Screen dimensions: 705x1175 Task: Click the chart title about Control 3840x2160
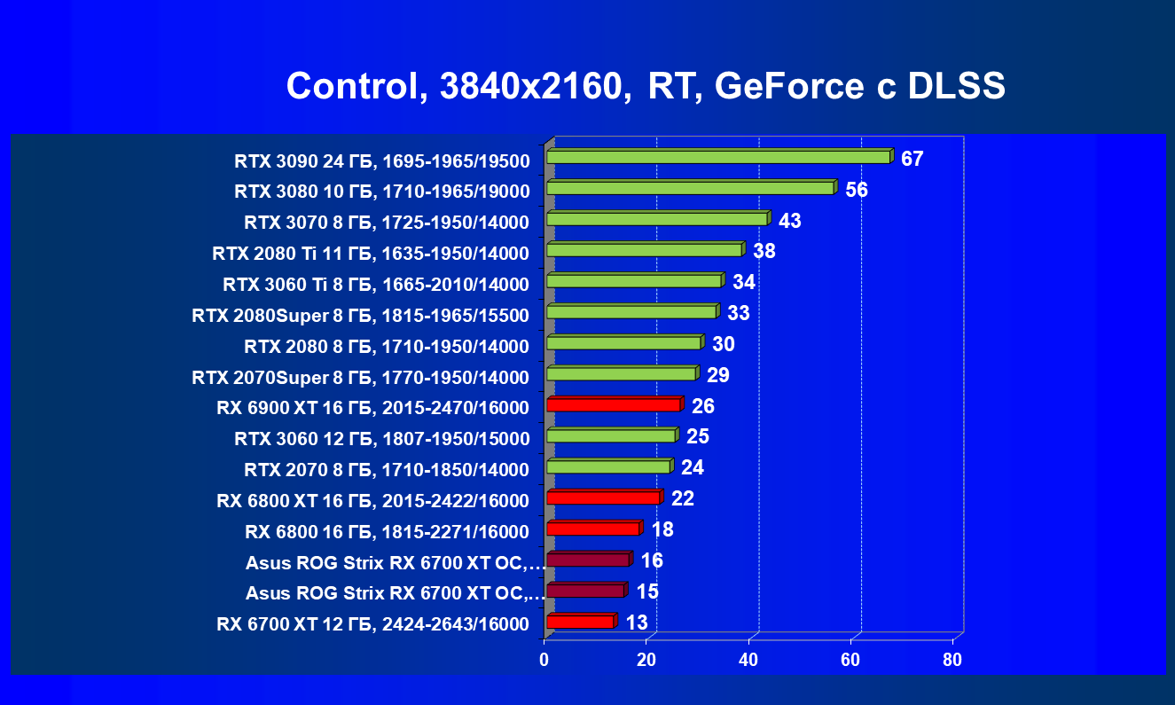click(646, 87)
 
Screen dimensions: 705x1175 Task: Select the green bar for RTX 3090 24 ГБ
click(718, 157)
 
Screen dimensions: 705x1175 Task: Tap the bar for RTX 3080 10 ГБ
click(690, 188)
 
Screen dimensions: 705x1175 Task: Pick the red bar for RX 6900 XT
click(614, 405)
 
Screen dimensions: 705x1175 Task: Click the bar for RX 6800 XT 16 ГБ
click(604, 497)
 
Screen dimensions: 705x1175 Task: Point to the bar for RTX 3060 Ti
click(634, 281)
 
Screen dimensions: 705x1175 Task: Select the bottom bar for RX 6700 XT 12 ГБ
click(581, 622)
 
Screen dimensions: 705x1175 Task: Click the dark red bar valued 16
click(588, 560)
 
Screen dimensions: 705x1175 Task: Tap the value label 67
click(912, 160)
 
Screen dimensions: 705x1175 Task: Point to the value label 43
click(789, 221)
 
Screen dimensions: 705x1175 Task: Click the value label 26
click(703, 407)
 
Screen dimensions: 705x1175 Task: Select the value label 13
click(637, 623)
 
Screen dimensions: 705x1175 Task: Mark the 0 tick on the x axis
click(544, 660)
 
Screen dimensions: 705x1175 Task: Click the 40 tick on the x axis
click(748, 660)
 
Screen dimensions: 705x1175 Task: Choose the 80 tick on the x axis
click(952, 660)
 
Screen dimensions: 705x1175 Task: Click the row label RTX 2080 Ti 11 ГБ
click(371, 254)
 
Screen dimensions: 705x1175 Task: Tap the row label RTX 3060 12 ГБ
click(381, 439)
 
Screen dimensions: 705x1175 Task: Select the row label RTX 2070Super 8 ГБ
click(360, 378)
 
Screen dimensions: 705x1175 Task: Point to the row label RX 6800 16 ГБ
click(387, 532)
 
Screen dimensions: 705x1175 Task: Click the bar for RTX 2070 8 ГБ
click(608, 466)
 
